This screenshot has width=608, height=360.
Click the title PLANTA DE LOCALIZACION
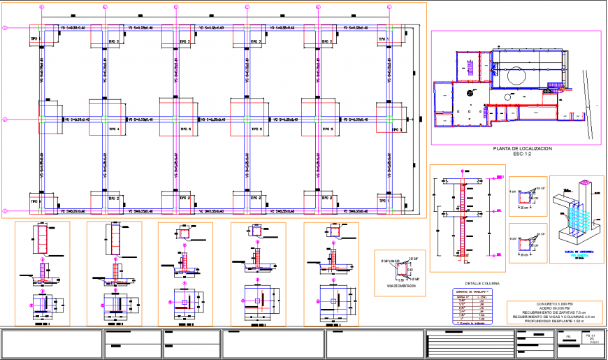click(522, 149)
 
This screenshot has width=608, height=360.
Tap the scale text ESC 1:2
click(522, 154)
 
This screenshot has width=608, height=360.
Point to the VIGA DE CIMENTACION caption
click(400, 287)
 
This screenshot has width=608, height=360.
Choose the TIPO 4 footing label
click(113, 129)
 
